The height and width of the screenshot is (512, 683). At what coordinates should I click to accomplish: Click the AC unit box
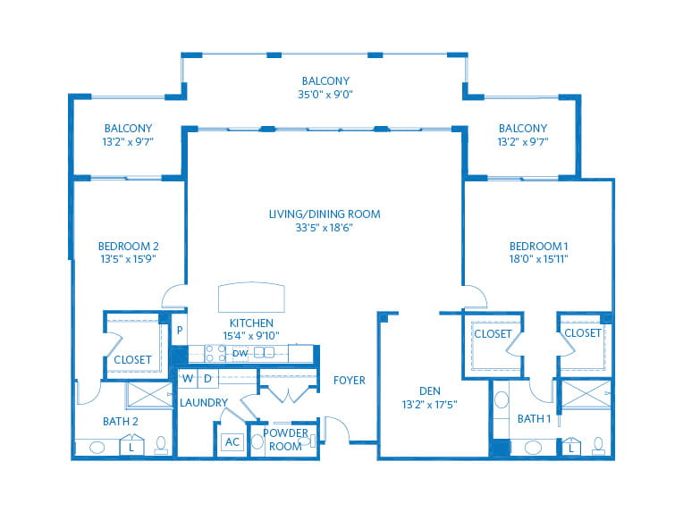[232, 442]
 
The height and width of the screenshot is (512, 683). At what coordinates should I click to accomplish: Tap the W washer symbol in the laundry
[188, 378]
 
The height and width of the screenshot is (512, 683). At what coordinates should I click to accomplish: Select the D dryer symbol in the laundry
[207, 378]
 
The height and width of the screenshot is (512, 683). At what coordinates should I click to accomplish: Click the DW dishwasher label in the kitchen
[240, 354]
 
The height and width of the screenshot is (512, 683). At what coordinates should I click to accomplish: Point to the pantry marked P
[180, 330]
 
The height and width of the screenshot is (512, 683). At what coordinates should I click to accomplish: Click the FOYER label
[350, 380]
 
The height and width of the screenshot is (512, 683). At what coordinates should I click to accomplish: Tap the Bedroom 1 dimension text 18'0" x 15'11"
[539, 259]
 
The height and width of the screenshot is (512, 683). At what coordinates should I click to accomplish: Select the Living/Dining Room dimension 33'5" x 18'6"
[325, 227]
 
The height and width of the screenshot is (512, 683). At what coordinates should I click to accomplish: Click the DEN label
[430, 391]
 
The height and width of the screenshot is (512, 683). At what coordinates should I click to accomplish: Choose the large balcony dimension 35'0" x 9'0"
[325, 94]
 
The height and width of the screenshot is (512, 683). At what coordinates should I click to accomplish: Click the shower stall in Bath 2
[149, 395]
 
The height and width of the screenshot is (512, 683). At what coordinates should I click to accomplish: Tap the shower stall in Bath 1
[586, 393]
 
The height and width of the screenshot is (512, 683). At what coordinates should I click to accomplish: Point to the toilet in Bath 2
[161, 445]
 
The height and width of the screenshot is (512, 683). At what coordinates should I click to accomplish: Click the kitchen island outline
[251, 298]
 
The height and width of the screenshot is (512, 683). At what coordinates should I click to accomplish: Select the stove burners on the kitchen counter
[215, 353]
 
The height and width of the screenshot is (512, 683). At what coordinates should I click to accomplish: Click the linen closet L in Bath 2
[131, 445]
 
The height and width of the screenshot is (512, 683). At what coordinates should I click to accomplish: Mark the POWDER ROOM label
[285, 440]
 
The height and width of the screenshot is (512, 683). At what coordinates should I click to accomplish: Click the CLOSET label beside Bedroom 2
[132, 359]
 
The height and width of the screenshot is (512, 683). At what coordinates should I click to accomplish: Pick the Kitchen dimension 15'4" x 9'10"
[251, 336]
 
